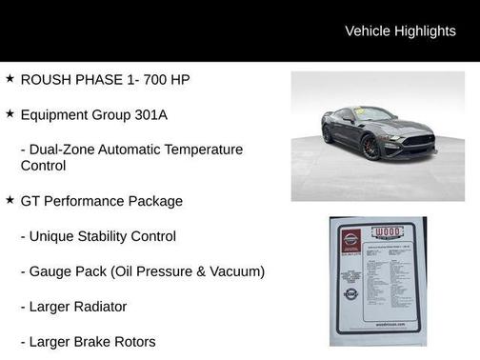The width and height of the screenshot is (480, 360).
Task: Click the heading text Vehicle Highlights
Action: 400,30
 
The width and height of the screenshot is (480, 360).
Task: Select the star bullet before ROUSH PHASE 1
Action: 10,78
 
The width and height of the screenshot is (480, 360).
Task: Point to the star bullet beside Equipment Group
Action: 10,113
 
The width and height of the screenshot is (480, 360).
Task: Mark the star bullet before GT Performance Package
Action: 10,200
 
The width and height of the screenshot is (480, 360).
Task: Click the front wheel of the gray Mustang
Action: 370,147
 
